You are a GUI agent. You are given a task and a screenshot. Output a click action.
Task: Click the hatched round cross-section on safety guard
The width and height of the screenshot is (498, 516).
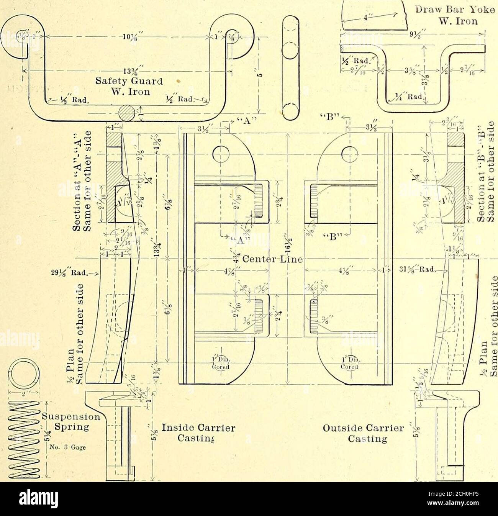coord(126,113)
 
